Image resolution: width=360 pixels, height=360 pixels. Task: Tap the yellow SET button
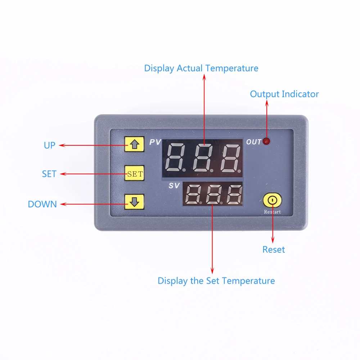135,174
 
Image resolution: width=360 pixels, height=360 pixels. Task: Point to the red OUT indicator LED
266,141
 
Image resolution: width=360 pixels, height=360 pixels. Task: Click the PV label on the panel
155,142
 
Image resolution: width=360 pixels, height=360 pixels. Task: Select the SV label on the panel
174,186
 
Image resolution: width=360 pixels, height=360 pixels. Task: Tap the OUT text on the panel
254,142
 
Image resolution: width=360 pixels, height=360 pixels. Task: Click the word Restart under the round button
272,212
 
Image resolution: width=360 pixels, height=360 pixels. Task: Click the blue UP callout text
50,145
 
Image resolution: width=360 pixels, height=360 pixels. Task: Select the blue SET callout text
49,174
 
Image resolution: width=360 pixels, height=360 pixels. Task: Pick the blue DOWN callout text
42,204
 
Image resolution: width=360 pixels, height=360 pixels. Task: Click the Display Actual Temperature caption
201,68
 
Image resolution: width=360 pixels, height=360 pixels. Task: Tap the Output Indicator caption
284,94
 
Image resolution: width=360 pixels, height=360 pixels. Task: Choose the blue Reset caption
274,250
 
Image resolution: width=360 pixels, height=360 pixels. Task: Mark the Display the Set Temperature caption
216,281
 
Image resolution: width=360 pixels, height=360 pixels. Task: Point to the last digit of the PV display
231,158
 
